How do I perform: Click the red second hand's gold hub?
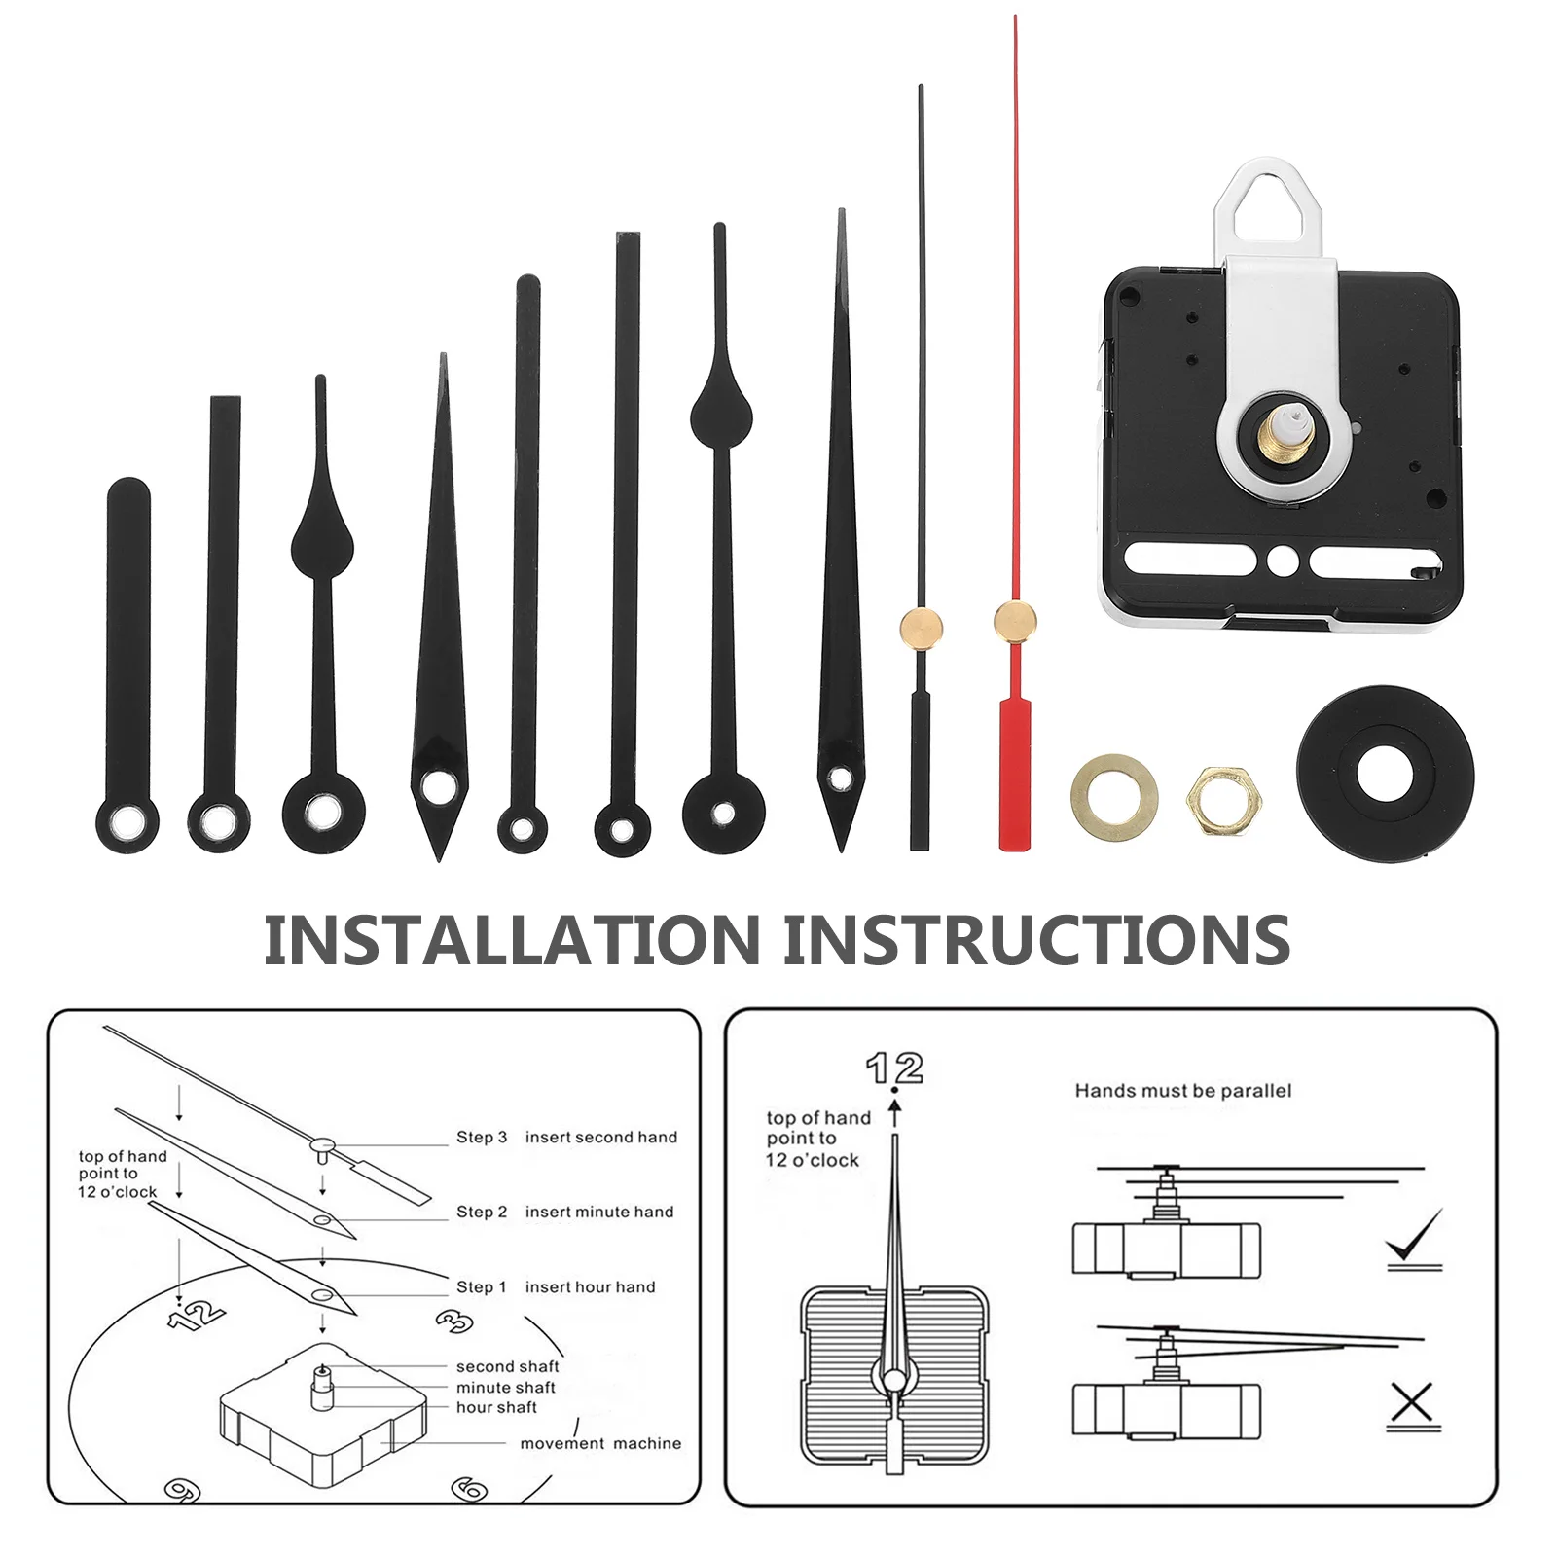[x=1015, y=620]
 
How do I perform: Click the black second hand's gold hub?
[x=921, y=627]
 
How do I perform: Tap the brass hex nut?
[x=1224, y=801]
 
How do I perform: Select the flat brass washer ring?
[x=1114, y=800]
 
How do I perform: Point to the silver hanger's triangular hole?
[x=1263, y=205]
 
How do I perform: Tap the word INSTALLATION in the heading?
[x=512, y=940]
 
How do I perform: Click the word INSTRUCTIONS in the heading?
[x=1037, y=940]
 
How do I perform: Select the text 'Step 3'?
[x=482, y=1137]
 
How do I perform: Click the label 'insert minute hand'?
[x=599, y=1212]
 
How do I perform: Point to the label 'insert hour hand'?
[x=590, y=1286]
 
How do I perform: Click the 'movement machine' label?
[x=600, y=1443]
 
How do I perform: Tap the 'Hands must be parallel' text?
[x=1182, y=1091]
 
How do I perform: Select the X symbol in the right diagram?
[x=1412, y=1403]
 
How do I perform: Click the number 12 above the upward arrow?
[x=894, y=1068]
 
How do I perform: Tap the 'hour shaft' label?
[x=496, y=1407]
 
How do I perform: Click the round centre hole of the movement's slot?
[x=1282, y=561]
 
